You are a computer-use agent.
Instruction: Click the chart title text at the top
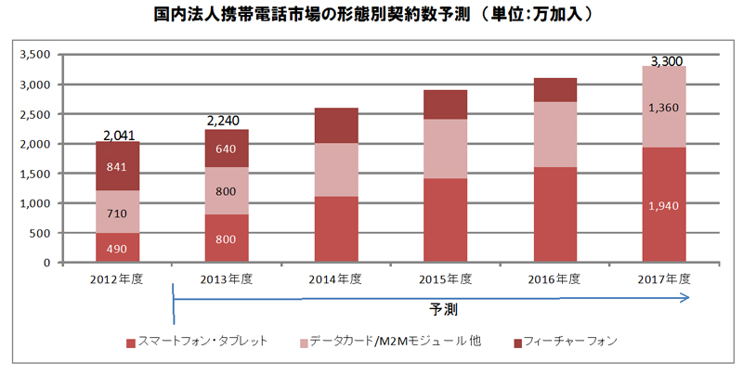[371, 15]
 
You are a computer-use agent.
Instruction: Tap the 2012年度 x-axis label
[117, 278]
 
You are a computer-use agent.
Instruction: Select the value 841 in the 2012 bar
[118, 168]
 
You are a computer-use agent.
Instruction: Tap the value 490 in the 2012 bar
[118, 249]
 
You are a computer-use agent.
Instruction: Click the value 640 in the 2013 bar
[226, 149]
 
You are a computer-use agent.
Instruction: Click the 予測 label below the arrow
[443, 307]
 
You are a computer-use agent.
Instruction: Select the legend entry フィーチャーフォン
[567, 341]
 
